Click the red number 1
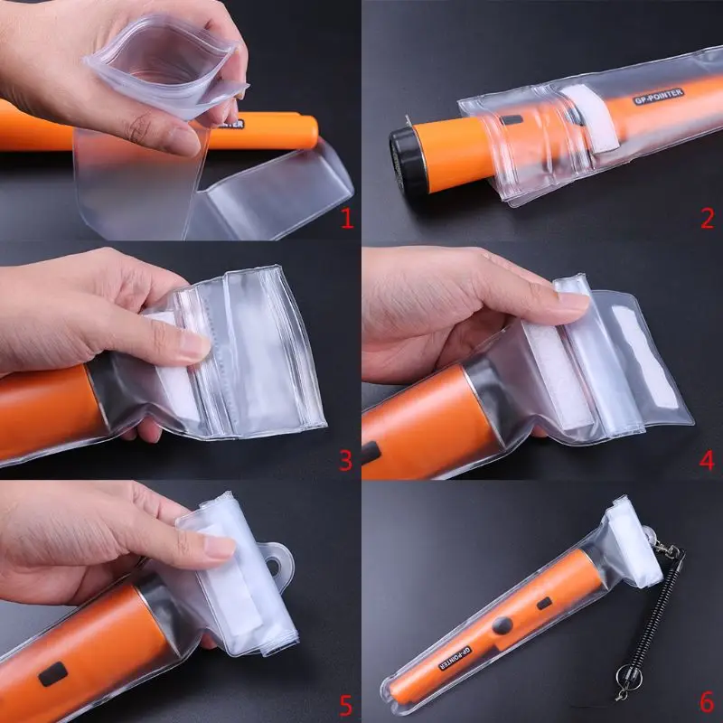(x=347, y=218)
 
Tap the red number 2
(x=707, y=218)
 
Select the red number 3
(x=346, y=460)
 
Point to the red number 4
(x=707, y=460)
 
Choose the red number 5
(x=346, y=706)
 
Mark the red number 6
(x=707, y=703)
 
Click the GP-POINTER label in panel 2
(x=659, y=97)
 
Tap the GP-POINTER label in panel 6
(x=455, y=658)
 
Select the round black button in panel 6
(x=502, y=625)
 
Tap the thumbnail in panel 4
(x=572, y=301)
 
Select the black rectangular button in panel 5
(x=52, y=674)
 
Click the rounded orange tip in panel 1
(x=310, y=132)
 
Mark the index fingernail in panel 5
(x=220, y=547)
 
